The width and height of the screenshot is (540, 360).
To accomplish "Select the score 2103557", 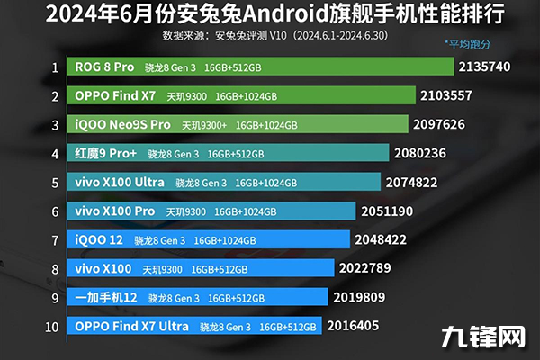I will click(446, 95).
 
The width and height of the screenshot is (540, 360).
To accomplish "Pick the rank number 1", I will click(55, 67).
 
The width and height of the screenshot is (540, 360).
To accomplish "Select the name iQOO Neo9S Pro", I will click(122, 124).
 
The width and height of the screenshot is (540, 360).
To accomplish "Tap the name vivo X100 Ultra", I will click(120, 182).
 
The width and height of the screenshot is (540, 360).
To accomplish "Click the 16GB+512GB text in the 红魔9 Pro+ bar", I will click(236, 154).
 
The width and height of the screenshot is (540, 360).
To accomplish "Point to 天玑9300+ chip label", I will click(204, 125).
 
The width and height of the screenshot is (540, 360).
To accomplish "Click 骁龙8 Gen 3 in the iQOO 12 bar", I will click(158, 240).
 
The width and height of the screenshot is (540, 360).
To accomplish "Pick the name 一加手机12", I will click(106, 297).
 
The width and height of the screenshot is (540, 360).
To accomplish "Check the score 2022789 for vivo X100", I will click(367, 268).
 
